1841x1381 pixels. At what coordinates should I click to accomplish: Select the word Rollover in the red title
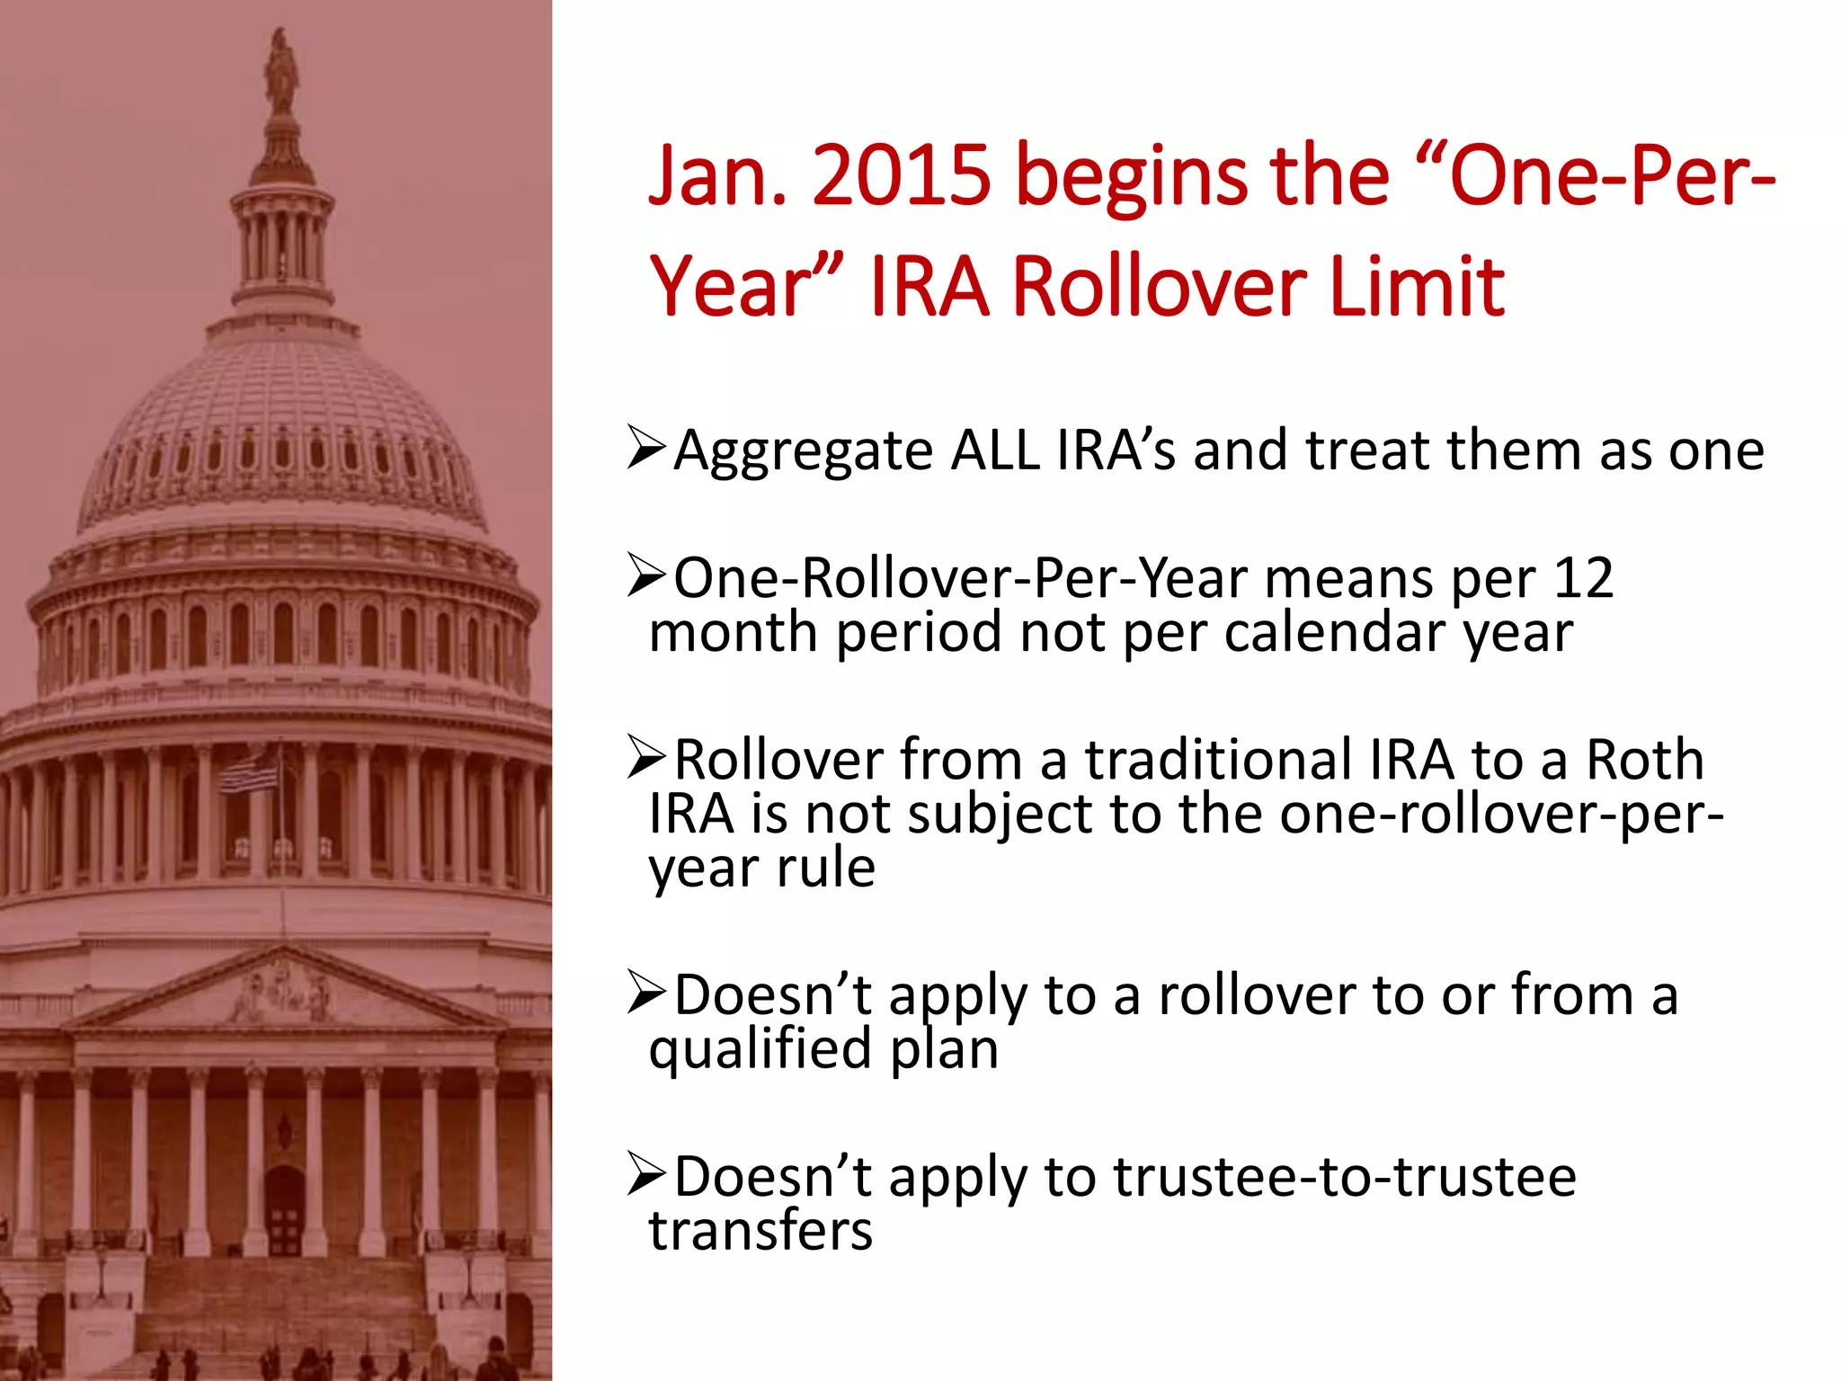1159,288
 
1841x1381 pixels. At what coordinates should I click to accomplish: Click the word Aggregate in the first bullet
804,451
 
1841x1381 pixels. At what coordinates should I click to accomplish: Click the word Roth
1644,760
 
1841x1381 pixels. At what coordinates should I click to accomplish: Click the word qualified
760,1049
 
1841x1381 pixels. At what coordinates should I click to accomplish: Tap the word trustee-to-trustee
1345,1177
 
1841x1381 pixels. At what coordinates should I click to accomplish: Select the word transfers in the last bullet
760,1231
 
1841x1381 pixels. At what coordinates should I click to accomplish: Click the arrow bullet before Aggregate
646,449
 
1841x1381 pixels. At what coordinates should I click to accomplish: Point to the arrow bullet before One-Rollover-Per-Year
646,577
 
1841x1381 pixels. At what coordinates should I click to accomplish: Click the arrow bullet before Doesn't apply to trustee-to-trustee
646,1175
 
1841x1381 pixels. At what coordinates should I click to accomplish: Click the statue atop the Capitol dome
281,67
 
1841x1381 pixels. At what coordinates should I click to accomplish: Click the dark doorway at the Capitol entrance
284,1209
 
